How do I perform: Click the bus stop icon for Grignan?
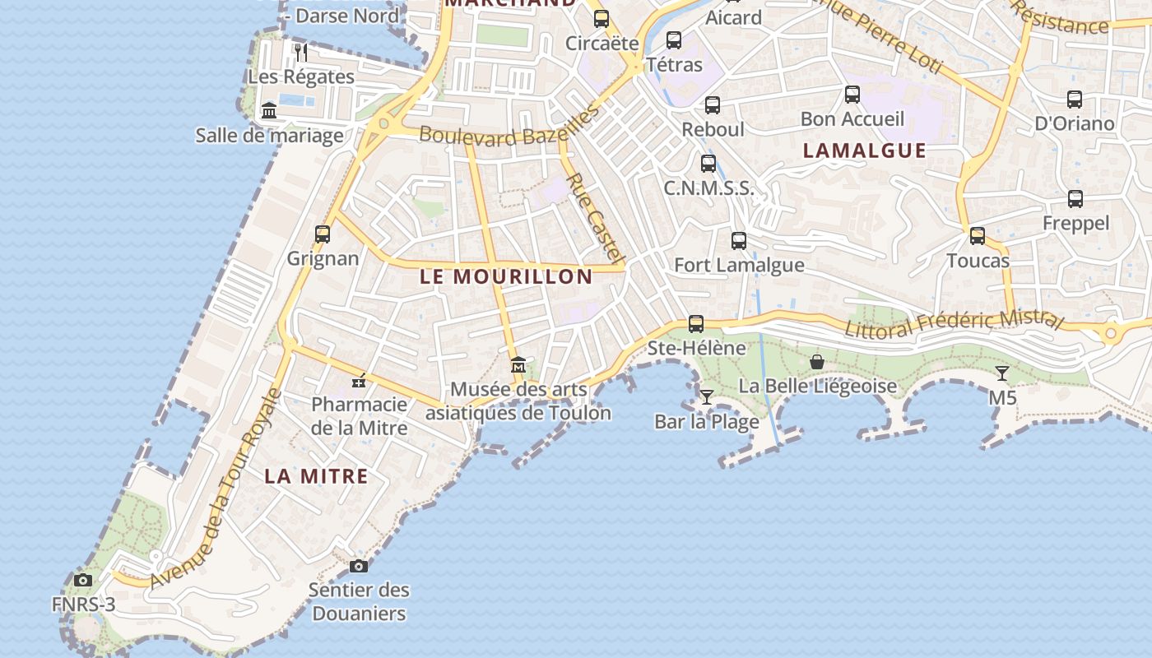coord(323,234)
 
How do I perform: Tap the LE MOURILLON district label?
coord(506,277)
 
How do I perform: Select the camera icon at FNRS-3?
coord(82,581)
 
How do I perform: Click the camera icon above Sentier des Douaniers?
coord(358,566)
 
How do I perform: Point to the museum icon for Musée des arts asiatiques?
coord(518,365)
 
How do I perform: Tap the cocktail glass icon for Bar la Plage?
coord(706,397)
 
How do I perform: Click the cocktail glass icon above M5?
coord(1001,373)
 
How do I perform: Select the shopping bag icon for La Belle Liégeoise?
coord(817,362)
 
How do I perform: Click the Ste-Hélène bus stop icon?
coord(696,324)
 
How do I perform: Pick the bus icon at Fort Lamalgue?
coord(739,241)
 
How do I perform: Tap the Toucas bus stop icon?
coord(978,236)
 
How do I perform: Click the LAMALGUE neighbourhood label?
coord(864,151)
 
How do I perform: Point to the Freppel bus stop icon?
coord(1075,199)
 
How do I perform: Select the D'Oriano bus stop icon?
coord(1075,100)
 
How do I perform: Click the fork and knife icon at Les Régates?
coord(301,53)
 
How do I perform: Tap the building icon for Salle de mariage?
coord(269,111)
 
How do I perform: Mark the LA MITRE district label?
coord(316,476)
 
